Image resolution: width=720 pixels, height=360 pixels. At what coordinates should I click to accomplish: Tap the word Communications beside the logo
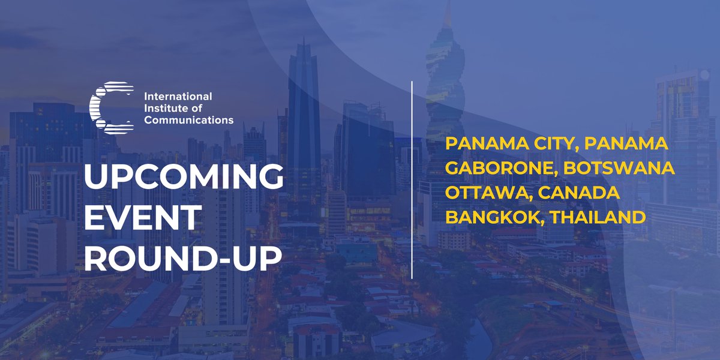coord(188,120)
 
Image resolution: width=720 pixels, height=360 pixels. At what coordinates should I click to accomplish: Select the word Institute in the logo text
coord(165,108)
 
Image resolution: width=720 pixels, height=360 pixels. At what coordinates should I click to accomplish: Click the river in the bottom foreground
coord(480,336)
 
